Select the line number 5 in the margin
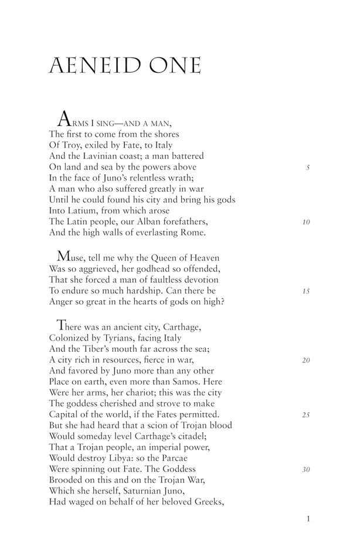[308, 167]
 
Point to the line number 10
[306, 223]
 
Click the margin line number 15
[306, 291]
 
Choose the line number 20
[306, 360]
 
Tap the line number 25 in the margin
[306, 415]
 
